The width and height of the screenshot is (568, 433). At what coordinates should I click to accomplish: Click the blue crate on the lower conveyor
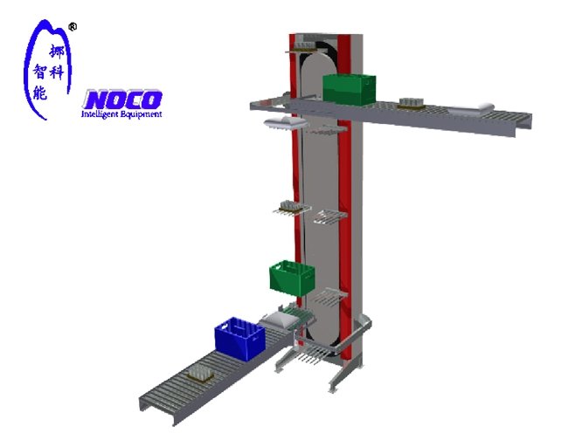pos(239,339)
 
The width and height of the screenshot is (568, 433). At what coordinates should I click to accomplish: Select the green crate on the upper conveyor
pos(349,89)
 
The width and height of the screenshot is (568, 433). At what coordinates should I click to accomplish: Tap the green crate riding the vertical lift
pos(292,278)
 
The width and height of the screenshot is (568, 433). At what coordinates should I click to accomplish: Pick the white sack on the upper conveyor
pos(471,110)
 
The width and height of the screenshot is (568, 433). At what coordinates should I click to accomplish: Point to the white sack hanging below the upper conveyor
pos(286,122)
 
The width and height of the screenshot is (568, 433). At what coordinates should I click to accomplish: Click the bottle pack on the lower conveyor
pos(200,375)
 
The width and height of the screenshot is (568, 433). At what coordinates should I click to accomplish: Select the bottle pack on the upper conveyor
pos(411,104)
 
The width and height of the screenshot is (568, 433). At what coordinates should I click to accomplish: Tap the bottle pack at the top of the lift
pos(303,45)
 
